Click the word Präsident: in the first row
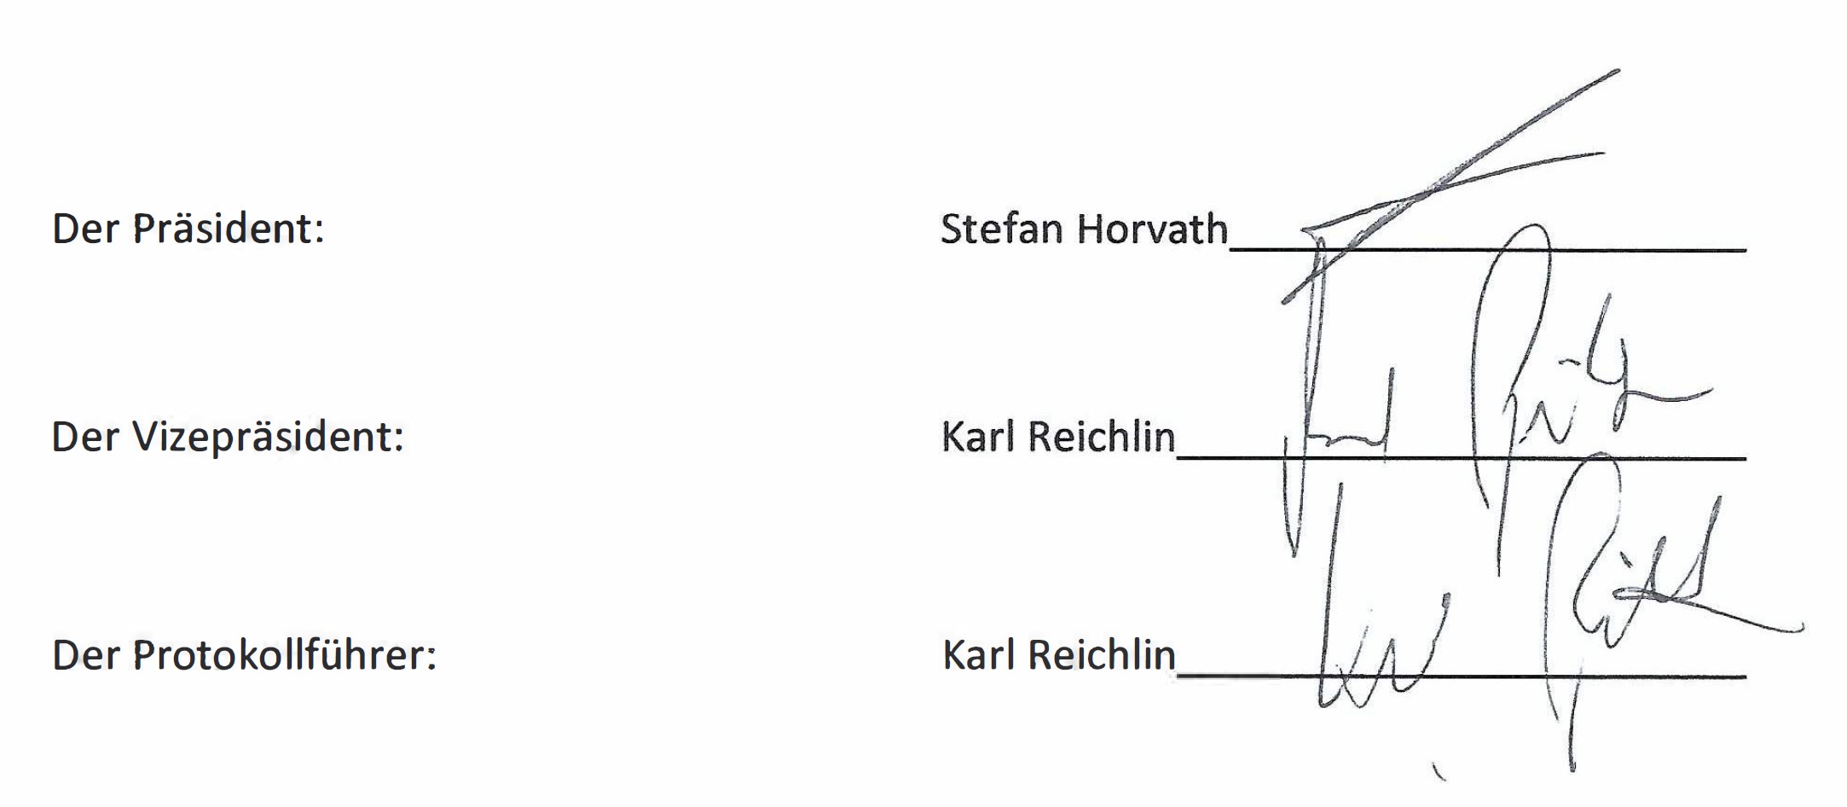coord(229,229)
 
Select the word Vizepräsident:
coord(268,437)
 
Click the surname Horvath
coord(1152,229)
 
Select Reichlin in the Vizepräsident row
coord(1102,437)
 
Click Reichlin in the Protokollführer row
coord(1102,655)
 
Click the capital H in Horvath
coord(1092,229)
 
